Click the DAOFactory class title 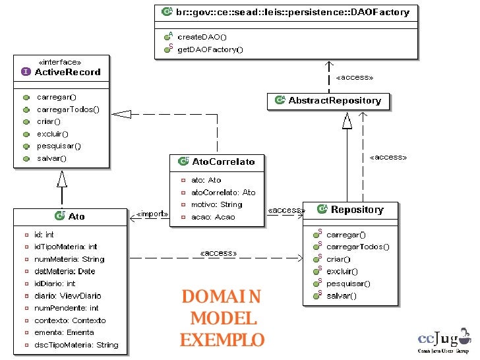(291, 12)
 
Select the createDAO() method (201, 37)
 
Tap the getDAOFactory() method (210, 49)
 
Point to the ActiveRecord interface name (68, 72)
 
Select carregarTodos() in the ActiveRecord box (68, 109)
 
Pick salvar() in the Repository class (341, 296)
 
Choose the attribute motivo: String (216, 204)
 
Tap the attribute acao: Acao (212, 217)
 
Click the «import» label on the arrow (152, 214)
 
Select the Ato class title (76, 216)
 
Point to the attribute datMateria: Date (65, 271)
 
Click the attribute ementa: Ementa (64, 332)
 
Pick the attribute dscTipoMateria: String (76, 345)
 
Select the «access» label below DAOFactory (354, 77)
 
